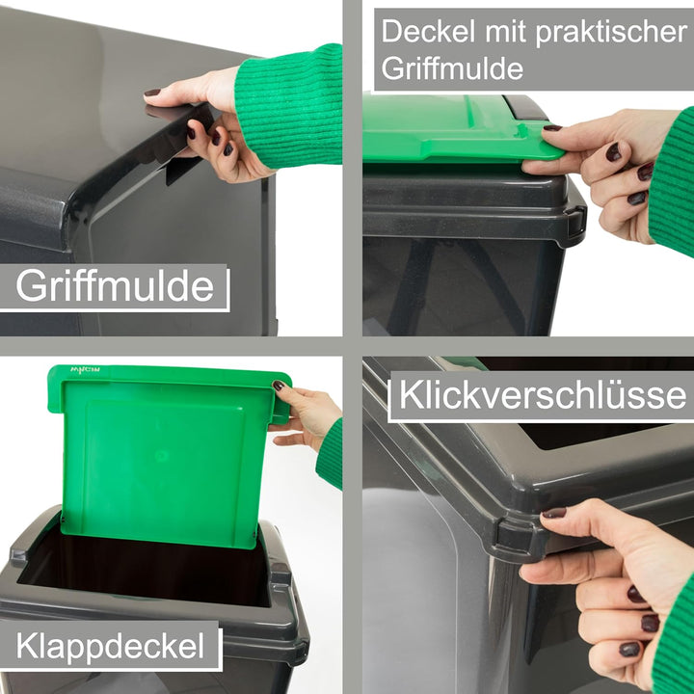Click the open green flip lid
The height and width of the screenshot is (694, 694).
164,453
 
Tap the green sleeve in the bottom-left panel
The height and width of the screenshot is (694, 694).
331,453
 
